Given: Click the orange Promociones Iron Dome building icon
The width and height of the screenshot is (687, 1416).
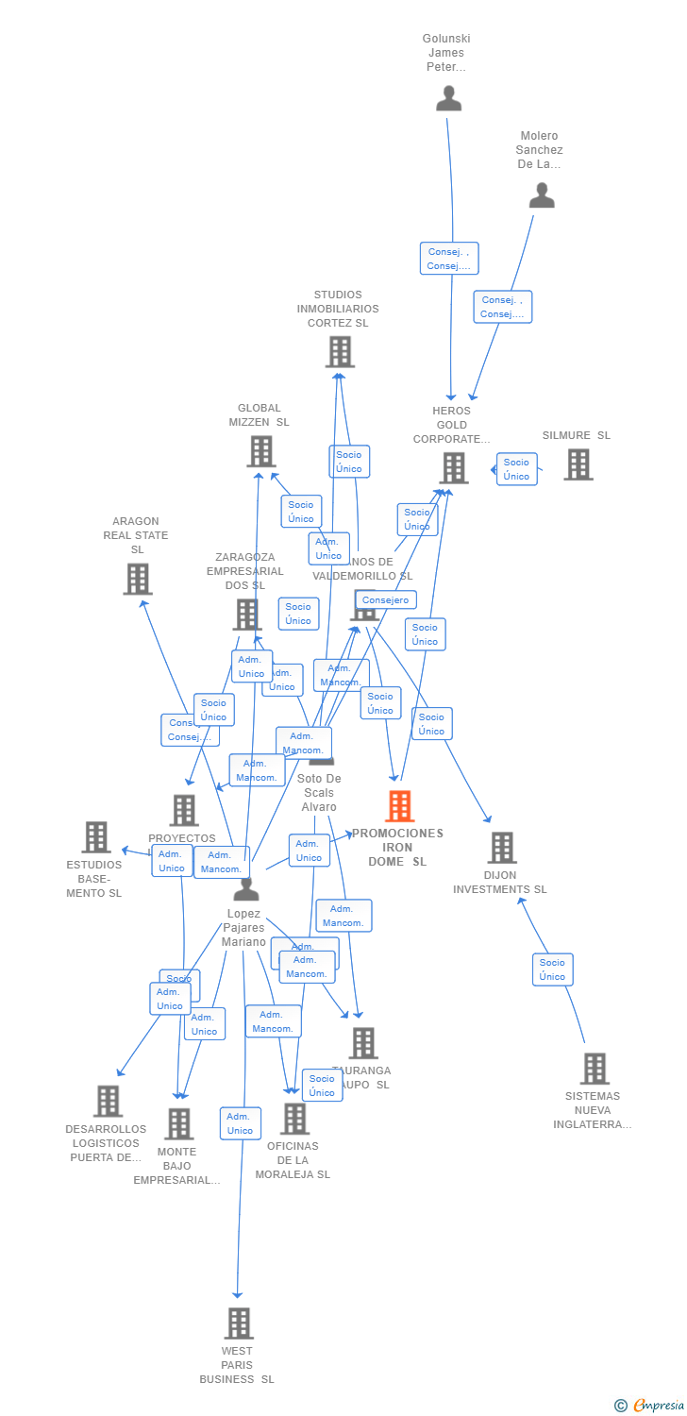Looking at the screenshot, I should [x=399, y=807].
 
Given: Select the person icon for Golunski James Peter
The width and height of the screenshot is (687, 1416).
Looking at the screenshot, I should [x=448, y=98].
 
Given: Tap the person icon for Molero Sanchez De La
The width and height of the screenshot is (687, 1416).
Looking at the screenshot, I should [x=542, y=195].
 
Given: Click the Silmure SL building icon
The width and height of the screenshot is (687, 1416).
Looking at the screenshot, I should [x=578, y=464].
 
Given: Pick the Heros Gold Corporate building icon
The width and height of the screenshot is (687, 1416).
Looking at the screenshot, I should [x=453, y=468].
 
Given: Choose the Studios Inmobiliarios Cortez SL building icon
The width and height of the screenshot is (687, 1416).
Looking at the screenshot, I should [x=340, y=352].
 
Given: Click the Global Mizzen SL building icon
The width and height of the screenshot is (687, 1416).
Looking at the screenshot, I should [x=261, y=451].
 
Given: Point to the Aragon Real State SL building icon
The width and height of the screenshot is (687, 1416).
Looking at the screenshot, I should [x=137, y=579].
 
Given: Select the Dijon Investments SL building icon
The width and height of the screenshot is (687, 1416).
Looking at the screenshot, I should [x=501, y=848].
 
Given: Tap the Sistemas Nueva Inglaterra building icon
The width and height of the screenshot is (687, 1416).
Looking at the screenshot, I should [x=594, y=1069].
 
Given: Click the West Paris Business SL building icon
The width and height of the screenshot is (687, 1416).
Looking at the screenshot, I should [x=239, y=1323].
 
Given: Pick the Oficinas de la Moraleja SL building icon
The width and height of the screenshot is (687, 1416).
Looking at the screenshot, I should [x=294, y=1119].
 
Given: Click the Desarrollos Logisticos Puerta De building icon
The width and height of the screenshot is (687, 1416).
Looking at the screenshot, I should [x=108, y=1101].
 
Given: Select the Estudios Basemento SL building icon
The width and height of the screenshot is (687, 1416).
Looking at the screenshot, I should [x=95, y=836].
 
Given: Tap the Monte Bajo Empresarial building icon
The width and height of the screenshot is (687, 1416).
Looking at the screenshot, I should [x=178, y=1123].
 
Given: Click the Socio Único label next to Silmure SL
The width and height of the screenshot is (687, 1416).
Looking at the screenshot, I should [x=516, y=469].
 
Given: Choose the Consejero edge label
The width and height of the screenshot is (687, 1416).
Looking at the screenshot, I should [x=386, y=600].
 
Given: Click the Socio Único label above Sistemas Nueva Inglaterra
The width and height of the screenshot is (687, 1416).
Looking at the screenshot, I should [x=552, y=969].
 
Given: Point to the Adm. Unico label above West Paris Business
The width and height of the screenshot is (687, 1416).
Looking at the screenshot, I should [x=240, y=1123].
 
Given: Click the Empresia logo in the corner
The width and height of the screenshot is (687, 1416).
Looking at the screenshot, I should [x=650, y=1405].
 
